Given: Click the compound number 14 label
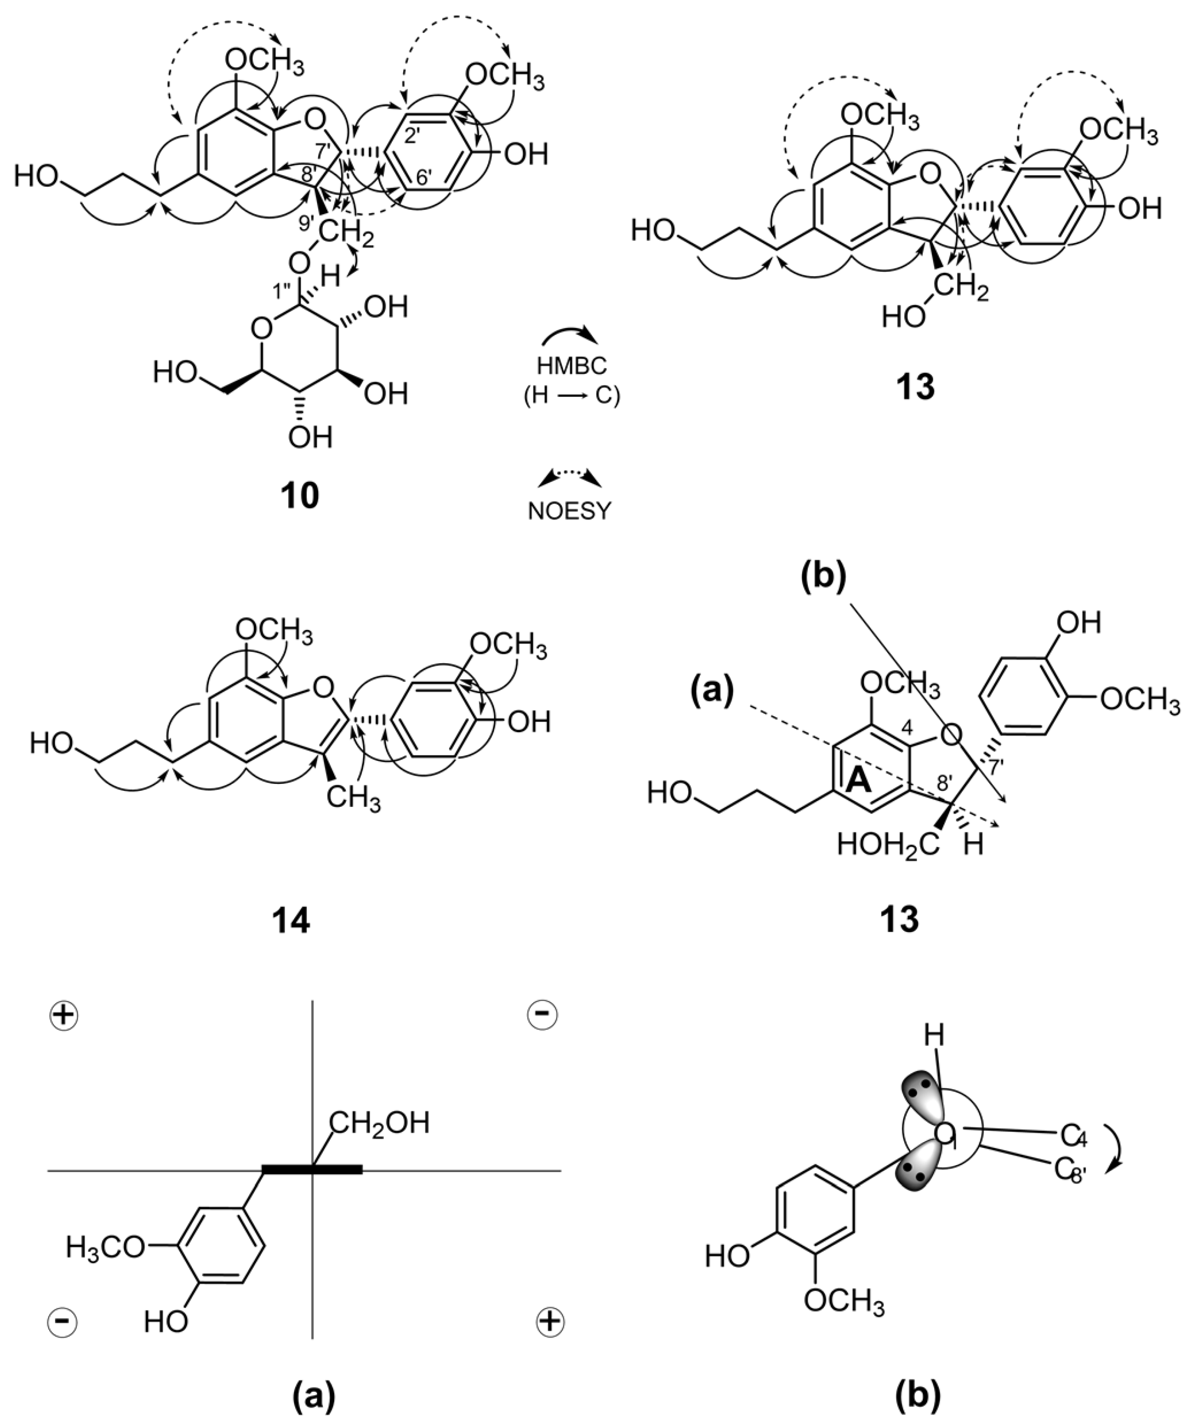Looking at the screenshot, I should (290, 920).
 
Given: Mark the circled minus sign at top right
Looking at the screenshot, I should (542, 1015).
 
